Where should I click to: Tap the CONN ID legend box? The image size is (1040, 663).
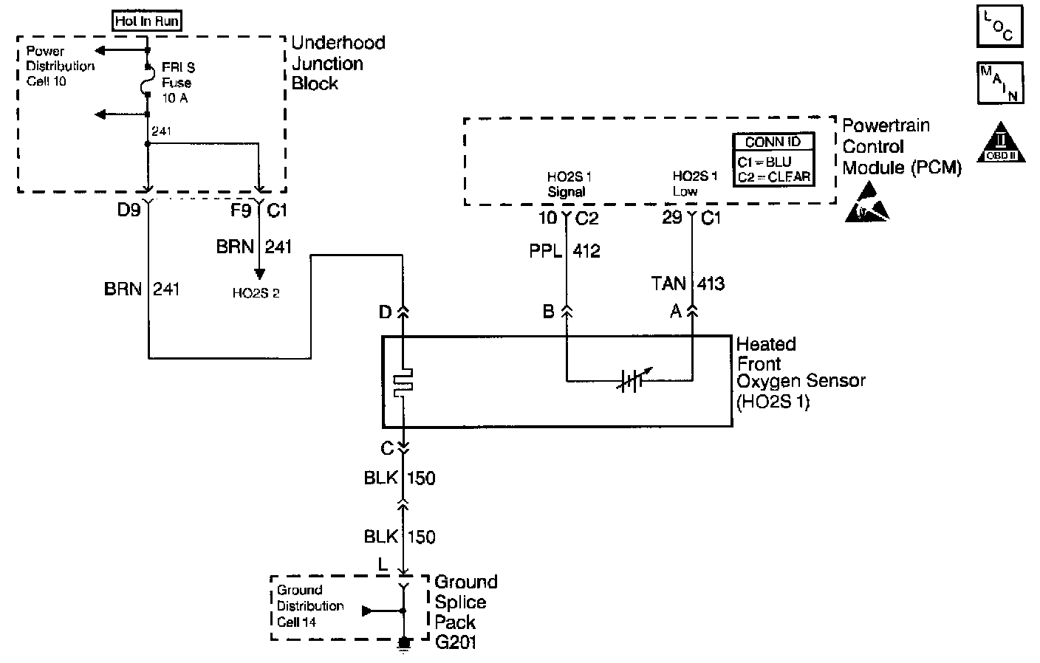pyautogui.click(x=773, y=159)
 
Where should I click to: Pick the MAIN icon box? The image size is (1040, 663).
pyautogui.click(x=1000, y=83)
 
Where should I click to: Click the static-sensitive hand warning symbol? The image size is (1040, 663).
pyautogui.click(x=866, y=206)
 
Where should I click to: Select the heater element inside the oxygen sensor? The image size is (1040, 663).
pyautogui.click(x=403, y=382)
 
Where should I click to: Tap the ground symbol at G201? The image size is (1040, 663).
pyautogui.click(x=403, y=645)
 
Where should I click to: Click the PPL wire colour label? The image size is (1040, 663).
pyautogui.click(x=545, y=252)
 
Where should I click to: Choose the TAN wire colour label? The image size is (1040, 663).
pyautogui.click(x=668, y=284)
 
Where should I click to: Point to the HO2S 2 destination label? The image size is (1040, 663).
pyautogui.click(x=256, y=293)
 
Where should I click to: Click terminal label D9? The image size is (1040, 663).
pyautogui.click(x=129, y=210)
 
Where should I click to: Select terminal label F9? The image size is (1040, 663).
pyautogui.click(x=241, y=210)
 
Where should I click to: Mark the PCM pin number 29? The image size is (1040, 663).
pyautogui.click(x=671, y=218)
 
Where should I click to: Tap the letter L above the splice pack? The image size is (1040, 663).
pyautogui.click(x=383, y=565)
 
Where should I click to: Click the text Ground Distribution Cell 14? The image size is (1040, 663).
pyautogui.click(x=310, y=606)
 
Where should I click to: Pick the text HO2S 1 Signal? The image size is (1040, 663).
pyautogui.click(x=569, y=185)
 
